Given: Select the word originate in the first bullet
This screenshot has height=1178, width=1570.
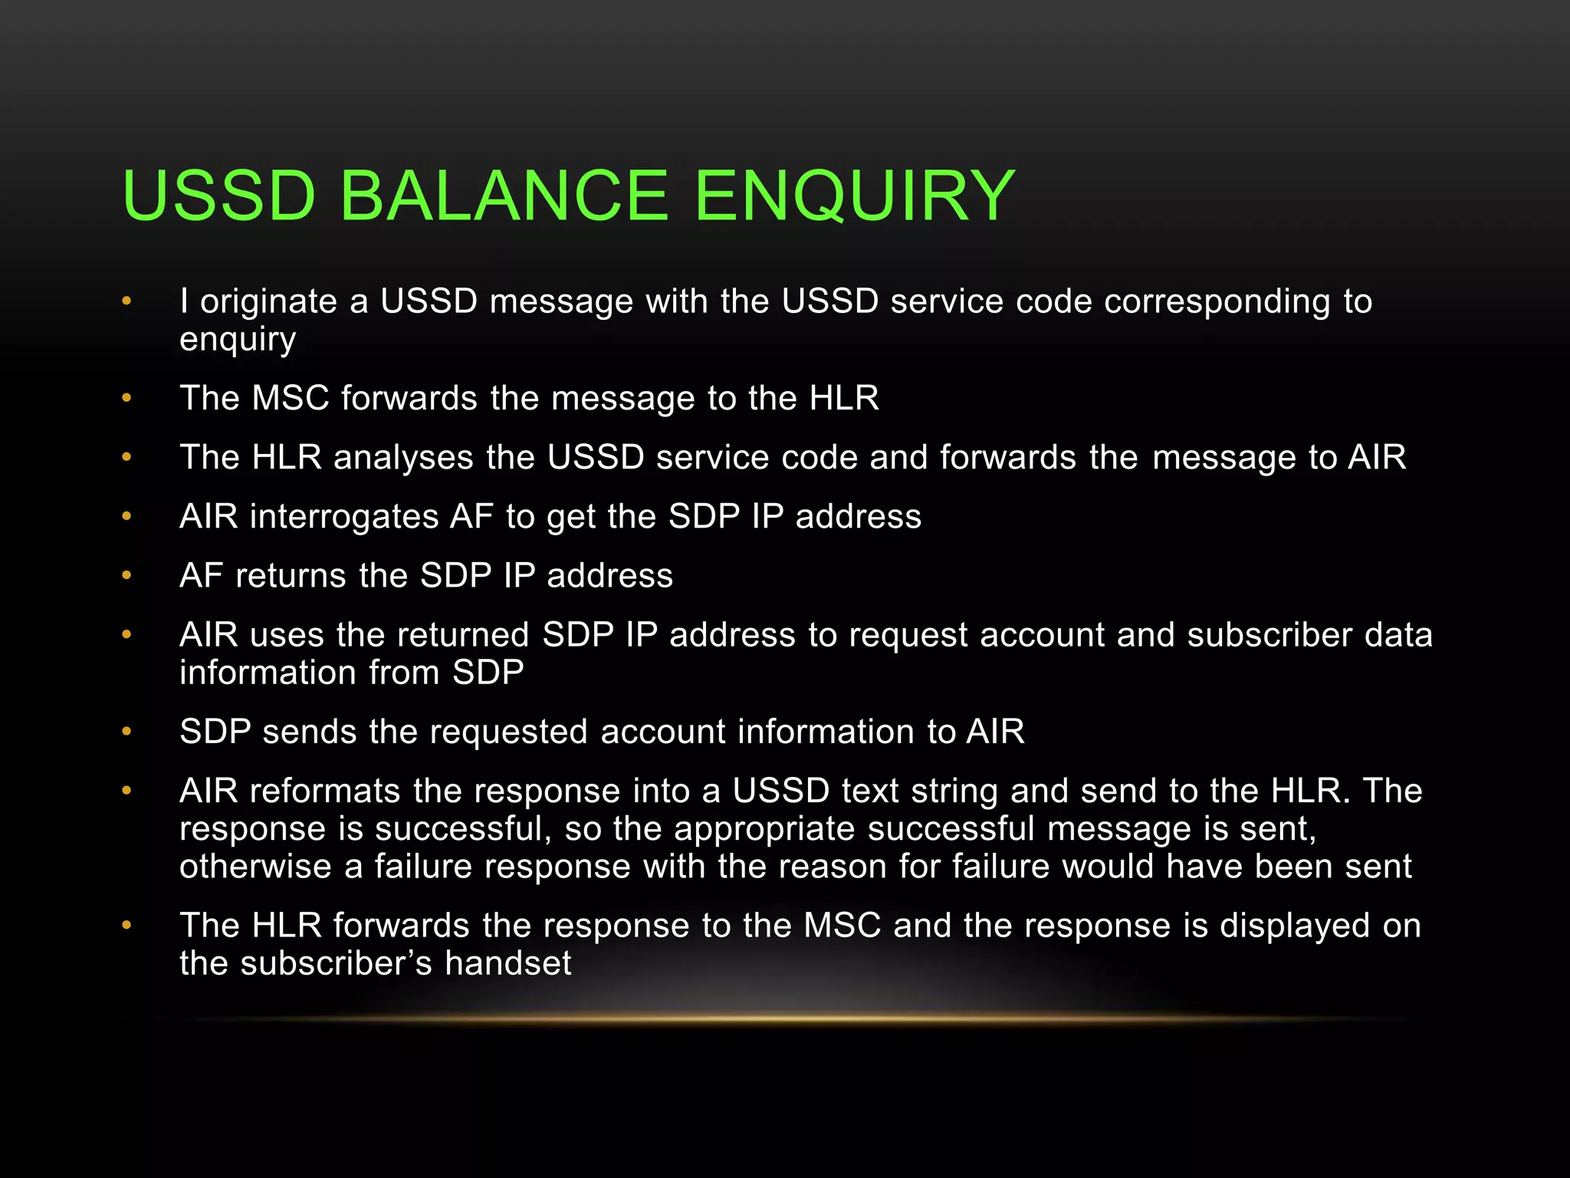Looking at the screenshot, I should (x=268, y=301).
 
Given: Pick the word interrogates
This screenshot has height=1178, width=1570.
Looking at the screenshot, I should (x=343, y=517).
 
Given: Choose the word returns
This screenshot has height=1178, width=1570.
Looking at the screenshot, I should (x=291, y=576).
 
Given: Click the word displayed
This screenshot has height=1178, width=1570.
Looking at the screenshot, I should (x=1295, y=926).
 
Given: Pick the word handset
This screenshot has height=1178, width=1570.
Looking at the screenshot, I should (x=508, y=963).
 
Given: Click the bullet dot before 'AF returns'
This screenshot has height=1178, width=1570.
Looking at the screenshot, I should (x=127, y=575).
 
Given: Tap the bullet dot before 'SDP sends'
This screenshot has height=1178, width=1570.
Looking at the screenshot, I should (x=127, y=731).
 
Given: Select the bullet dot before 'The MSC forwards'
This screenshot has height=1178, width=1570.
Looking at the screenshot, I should (x=127, y=398).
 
